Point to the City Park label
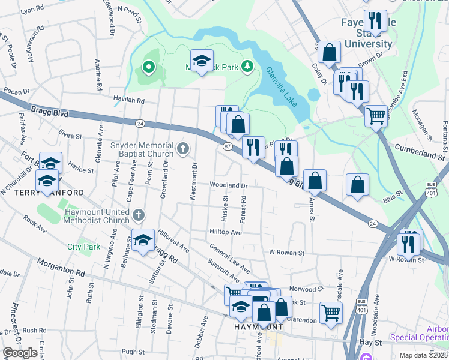(83, 247)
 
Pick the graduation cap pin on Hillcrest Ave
(143, 241)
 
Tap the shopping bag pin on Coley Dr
(329, 52)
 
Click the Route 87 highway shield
(228, 146)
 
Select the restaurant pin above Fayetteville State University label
(375, 21)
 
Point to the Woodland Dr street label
(228, 185)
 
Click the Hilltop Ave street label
(225, 232)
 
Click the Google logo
(20, 352)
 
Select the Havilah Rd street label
(127, 101)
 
